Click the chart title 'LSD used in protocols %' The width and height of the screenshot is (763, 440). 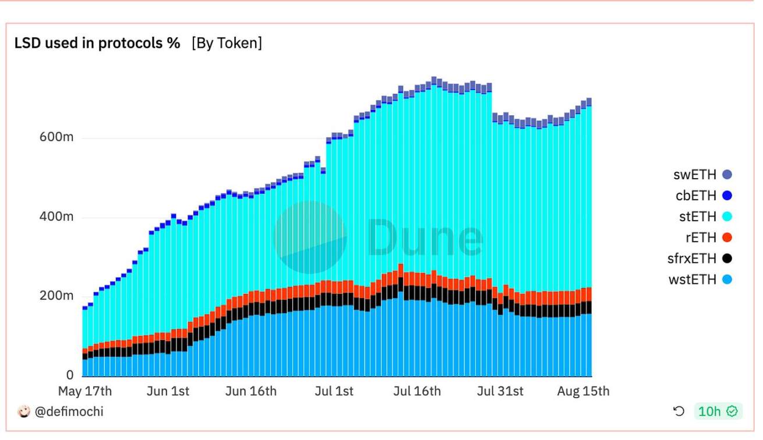pyautogui.click(x=97, y=43)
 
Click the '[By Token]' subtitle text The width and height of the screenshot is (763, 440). pyautogui.click(x=227, y=43)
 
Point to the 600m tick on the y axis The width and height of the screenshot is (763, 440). pyautogui.click(x=56, y=137)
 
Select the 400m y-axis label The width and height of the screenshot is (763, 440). pyautogui.click(x=56, y=217)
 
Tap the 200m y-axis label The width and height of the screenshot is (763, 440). pyautogui.click(x=56, y=296)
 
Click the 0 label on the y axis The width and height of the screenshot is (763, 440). pyautogui.click(x=70, y=375)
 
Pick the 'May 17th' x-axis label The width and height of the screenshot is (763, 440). pyautogui.click(x=85, y=391)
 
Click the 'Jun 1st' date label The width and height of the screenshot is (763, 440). pyautogui.click(x=168, y=391)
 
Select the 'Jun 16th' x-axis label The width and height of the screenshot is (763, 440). pyautogui.click(x=251, y=391)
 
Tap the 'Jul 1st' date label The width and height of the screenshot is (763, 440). pyautogui.click(x=334, y=391)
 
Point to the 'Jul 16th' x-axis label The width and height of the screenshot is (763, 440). pyautogui.click(x=417, y=391)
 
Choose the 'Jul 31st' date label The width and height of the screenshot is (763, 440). pyautogui.click(x=500, y=391)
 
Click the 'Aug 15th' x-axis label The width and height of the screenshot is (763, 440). pyautogui.click(x=583, y=391)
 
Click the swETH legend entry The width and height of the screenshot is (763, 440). pyautogui.click(x=702, y=175)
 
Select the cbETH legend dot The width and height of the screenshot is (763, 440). pyautogui.click(x=727, y=196)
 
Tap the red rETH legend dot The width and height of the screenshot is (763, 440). pyautogui.click(x=727, y=237)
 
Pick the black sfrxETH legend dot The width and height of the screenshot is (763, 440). pyautogui.click(x=727, y=258)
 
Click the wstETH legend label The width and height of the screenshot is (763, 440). pyautogui.click(x=693, y=280)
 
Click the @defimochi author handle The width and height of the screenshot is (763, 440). pyautogui.click(x=69, y=411)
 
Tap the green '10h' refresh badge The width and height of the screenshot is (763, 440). pyautogui.click(x=718, y=411)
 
